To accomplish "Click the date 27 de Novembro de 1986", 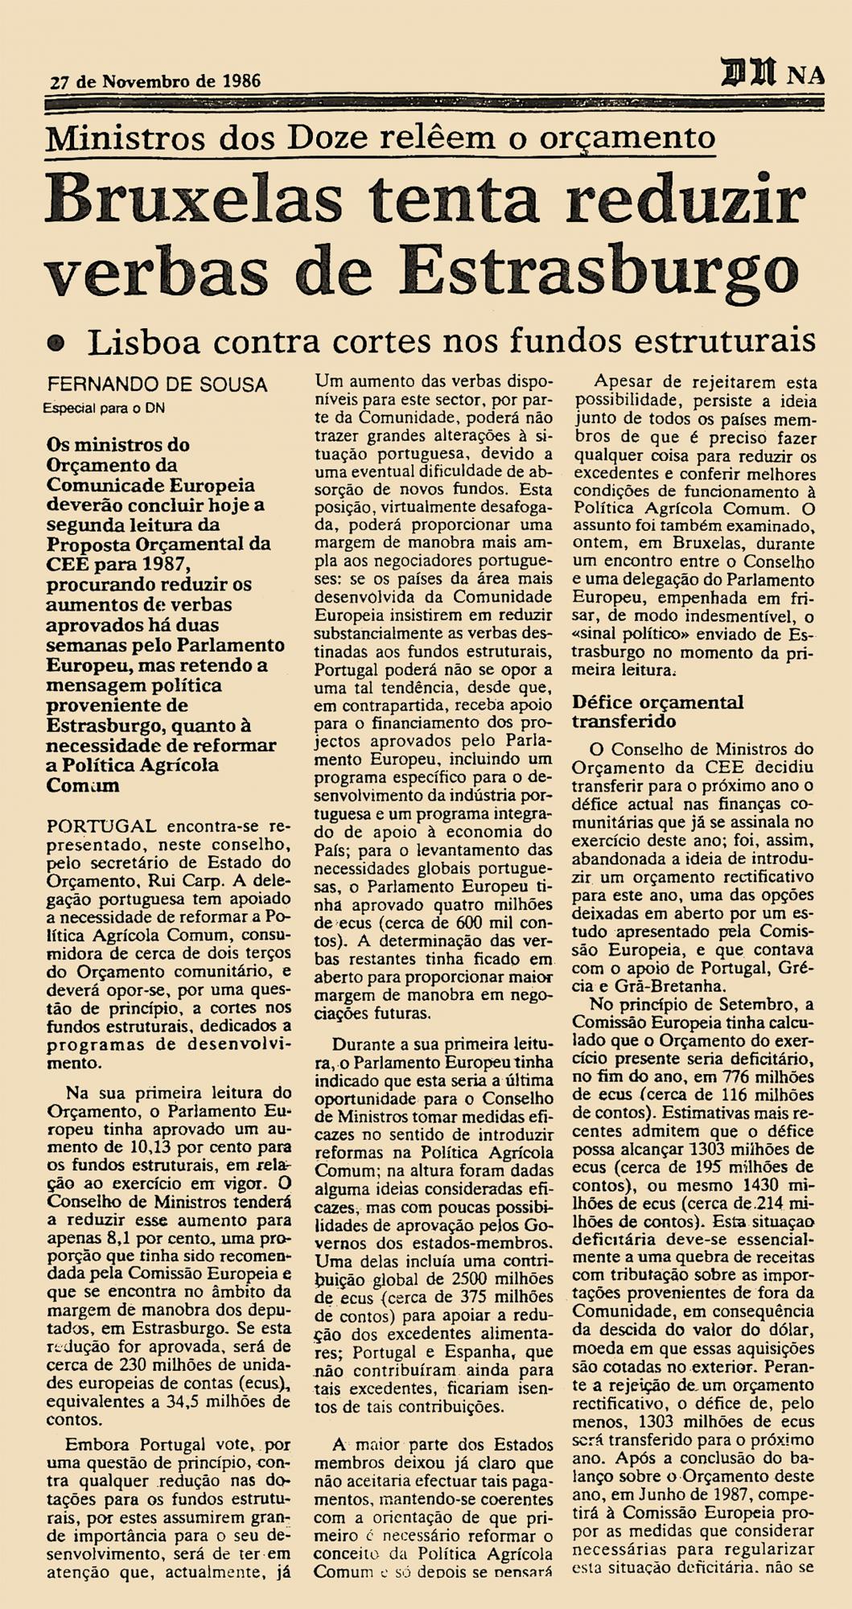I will [155, 81].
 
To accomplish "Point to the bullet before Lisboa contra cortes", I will [55, 342].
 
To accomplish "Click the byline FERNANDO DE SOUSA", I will [157, 385].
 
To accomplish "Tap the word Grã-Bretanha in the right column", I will [665, 986].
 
